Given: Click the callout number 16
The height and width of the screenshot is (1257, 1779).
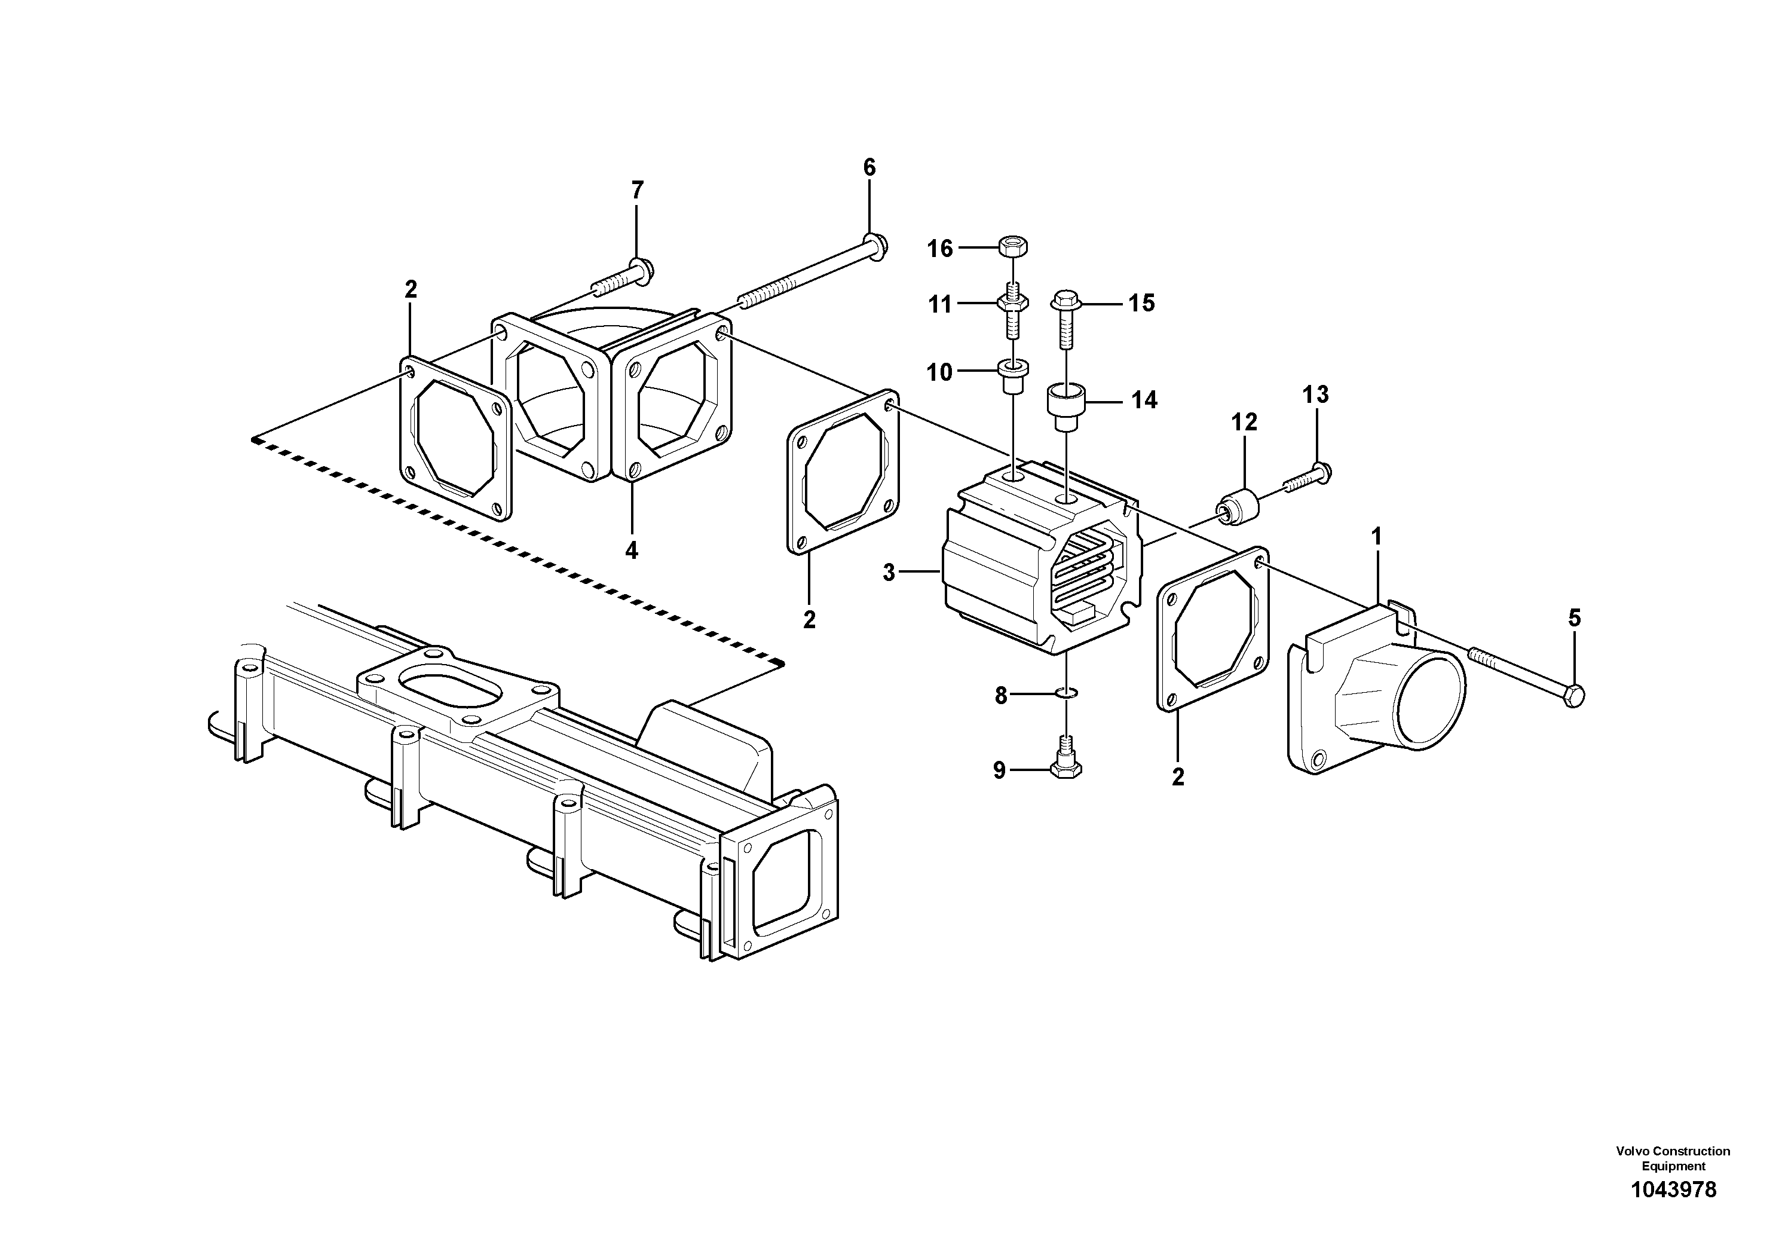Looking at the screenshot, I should tap(940, 249).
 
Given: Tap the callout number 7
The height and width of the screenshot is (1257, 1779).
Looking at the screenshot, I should tap(637, 190).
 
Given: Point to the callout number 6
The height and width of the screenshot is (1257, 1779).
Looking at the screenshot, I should tap(869, 167).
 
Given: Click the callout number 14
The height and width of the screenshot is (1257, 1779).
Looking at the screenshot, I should tap(1144, 400).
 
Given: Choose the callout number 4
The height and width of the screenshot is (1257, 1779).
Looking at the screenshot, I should tap(632, 550).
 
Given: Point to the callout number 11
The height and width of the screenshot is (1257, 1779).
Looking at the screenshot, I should tap(940, 305).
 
